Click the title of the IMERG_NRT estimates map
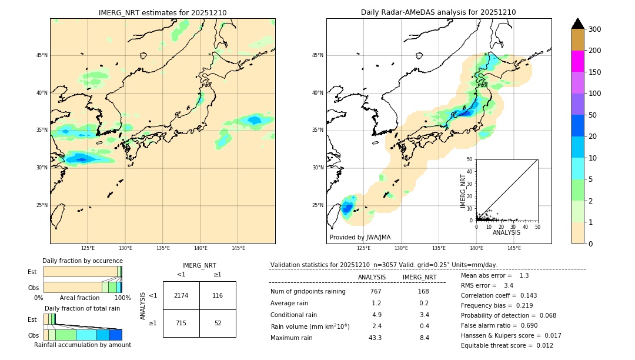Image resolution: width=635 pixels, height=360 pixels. pyautogui.click(x=162, y=12)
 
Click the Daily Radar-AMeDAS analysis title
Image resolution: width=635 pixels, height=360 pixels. pyautogui.click(x=439, y=12)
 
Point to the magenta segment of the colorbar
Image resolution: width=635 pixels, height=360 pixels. pyautogui.click(x=577, y=61)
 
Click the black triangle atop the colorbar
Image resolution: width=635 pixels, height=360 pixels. pyautogui.click(x=577, y=24)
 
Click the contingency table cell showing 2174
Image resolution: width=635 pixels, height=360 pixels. pyautogui.click(x=181, y=295)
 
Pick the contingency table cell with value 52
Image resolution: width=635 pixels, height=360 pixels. pyautogui.click(x=218, y=323)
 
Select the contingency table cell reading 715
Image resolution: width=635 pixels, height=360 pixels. pyautogui.click(x=181, y=323)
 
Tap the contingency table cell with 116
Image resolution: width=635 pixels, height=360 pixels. pyautogui.click(x=218, y=295)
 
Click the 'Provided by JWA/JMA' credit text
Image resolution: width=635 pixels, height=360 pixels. pyautogui.click(x=360, y=238)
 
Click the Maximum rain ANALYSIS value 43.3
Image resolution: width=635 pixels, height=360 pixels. pyautogui.click(x=375, y=338)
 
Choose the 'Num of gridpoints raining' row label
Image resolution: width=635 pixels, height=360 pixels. pyautogui.click(x=308, y=291)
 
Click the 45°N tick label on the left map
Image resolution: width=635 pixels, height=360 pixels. pyautogui.click(x=42, y=55)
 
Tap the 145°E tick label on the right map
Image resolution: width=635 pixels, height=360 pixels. pyautogui.click(x=514, y=248)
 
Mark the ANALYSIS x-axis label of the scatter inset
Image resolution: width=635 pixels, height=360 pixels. pyautogui.click(x=506, y=232)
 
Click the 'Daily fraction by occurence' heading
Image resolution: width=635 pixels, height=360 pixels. pyautogui.click(x=82, y=261)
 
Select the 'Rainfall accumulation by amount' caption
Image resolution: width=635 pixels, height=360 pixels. pyautogui.click(x=82, y=345)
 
